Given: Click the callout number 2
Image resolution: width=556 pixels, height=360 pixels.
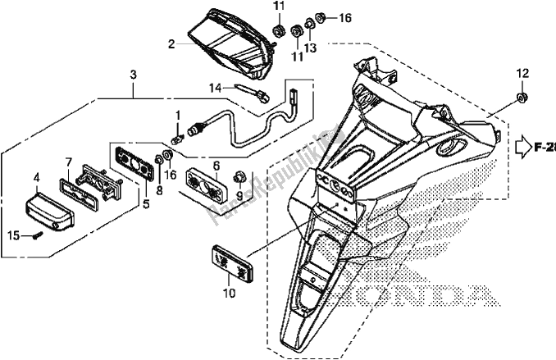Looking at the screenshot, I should pyautogui.click(x=171, y=44).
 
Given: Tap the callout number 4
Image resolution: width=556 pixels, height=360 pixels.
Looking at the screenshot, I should pyautogui.click(x=36, y=177).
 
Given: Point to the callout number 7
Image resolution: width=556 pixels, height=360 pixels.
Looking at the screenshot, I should pyautogui.click(x=69, y=162).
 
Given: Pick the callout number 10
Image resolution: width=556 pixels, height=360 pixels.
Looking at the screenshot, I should pyautogui.click(x=230, y=292).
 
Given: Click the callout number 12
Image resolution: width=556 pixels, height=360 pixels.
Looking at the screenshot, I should pyautogui.click(x=519, y=75).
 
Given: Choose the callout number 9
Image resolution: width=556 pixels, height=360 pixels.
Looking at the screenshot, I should pyautogui.click(x=239, y=196).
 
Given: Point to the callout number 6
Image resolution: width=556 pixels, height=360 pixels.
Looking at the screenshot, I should pyautogui.click(x=215, y=165).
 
